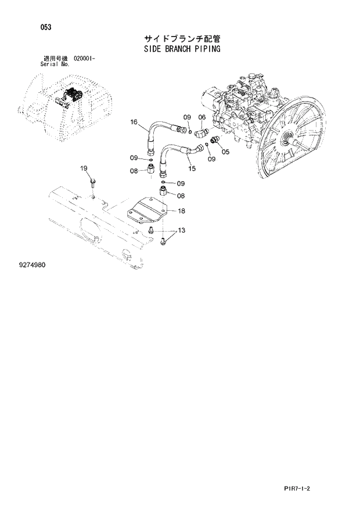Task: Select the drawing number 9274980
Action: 32,265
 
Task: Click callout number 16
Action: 134,122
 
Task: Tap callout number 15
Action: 192,168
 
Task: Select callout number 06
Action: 201,117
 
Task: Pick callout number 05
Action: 225,152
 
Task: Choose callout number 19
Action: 84,168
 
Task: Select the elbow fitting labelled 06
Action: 201,133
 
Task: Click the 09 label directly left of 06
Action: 187,117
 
